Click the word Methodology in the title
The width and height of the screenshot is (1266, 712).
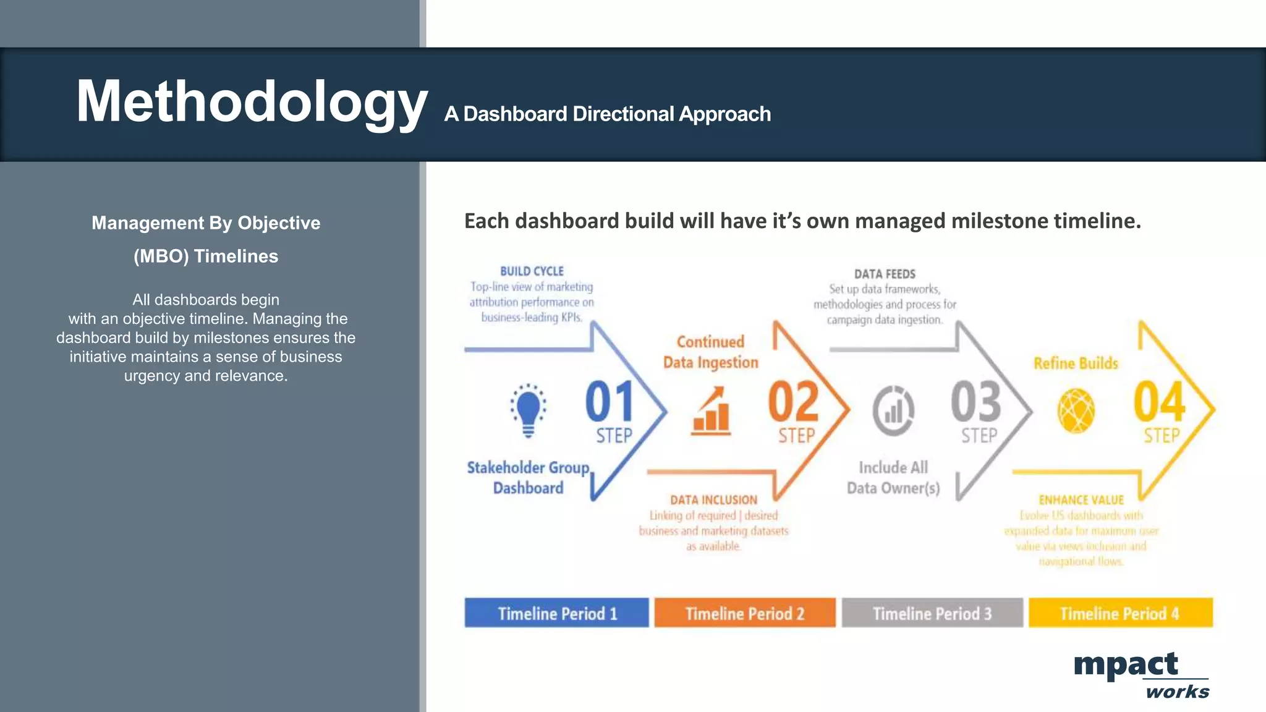[x=252, y=102]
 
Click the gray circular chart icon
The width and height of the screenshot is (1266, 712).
[x=893, y=410]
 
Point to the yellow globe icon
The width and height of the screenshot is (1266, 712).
[x=1076, y=410]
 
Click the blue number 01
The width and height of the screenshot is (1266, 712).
[x=610, y=402]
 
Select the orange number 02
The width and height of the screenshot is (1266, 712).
[x=793, y=402]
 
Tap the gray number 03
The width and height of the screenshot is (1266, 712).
[x=976, y=402]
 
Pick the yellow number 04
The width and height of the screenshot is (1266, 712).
[x=1159, y=402]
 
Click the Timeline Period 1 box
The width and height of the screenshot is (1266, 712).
[x=556, y=613]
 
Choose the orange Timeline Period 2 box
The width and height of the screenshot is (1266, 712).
[x=745, y=613]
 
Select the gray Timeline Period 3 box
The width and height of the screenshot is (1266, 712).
[x=932, y=613]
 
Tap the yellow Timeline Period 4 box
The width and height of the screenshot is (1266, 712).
[x=1120, y=613]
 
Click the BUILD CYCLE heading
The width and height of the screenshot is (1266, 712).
[x=532, y=271]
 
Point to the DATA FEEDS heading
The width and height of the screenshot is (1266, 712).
[x=885, y=274]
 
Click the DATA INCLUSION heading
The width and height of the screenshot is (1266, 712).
[x=713, y=500]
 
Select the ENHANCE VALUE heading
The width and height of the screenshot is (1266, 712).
[x=1081, y=500]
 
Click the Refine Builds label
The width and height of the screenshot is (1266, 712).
[x=1076, y=363]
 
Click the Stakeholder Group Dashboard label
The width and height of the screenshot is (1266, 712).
[x=528, y=478]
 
